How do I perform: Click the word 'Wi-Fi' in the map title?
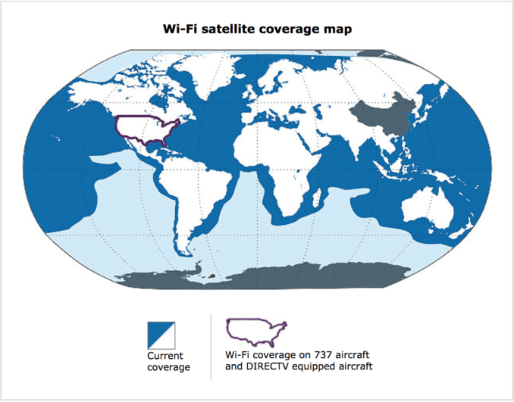182,30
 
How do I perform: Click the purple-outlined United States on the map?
148,129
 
